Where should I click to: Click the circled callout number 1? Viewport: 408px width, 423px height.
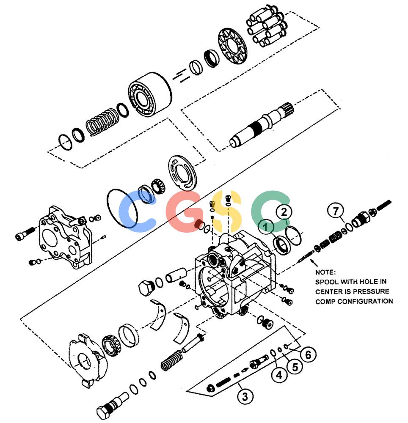[266, 227]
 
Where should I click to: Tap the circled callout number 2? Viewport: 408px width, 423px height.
[284, 212]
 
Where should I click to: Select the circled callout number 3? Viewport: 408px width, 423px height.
[245, 397]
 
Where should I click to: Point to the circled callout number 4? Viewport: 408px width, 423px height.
[279, 375]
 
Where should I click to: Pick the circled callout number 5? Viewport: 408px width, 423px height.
[295, 367]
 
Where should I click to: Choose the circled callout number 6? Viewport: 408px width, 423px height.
[308, 354]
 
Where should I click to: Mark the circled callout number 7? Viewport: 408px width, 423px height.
[336, 211]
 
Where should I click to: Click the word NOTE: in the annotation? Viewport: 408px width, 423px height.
[325, 272]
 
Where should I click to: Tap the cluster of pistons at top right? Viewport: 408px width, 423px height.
[267, 26]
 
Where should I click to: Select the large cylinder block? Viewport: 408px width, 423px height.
[150, 94]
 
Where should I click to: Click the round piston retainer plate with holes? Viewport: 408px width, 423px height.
[233, 45]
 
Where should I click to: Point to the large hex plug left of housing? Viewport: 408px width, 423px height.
[146, 288]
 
